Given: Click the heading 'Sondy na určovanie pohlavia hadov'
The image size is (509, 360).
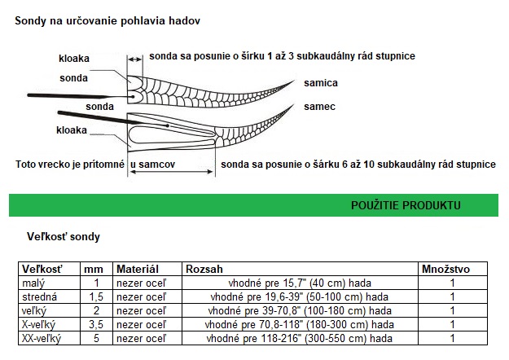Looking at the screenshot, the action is (108, 21).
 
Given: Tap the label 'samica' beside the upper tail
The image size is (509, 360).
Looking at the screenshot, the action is (321, 83).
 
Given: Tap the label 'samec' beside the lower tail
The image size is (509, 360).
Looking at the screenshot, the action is (320, 107).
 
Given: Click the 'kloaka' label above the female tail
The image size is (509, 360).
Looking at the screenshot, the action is (74, 59).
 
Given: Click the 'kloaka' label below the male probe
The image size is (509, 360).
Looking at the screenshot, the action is (72, 130).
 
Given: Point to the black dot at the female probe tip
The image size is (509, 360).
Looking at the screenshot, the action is (133, 97).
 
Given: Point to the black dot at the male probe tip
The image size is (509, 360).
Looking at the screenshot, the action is (168, 125).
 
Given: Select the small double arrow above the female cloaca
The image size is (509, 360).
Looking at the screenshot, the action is (135, 59).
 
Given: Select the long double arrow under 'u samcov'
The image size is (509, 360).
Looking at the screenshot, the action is (171, 172).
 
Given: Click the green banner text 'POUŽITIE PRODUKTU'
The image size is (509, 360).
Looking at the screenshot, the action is (406, 205).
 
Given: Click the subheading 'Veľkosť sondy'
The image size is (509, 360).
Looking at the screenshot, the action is (64, 237).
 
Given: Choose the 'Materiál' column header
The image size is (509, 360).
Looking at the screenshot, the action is (138, 269).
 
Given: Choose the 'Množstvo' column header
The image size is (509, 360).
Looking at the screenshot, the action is (445, 269).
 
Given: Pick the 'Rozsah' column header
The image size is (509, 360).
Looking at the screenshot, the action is (204, 269).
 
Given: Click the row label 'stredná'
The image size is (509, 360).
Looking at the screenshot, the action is (39, 296).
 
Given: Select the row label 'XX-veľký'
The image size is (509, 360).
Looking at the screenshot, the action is (42, 339).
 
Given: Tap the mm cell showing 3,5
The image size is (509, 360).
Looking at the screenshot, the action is (96, 325).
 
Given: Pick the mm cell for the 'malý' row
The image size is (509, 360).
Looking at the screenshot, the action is (96, 283).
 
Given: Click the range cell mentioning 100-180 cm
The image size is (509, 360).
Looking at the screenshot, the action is (300, 310).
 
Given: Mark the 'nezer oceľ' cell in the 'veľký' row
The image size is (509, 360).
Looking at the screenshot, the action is (142, 310).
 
